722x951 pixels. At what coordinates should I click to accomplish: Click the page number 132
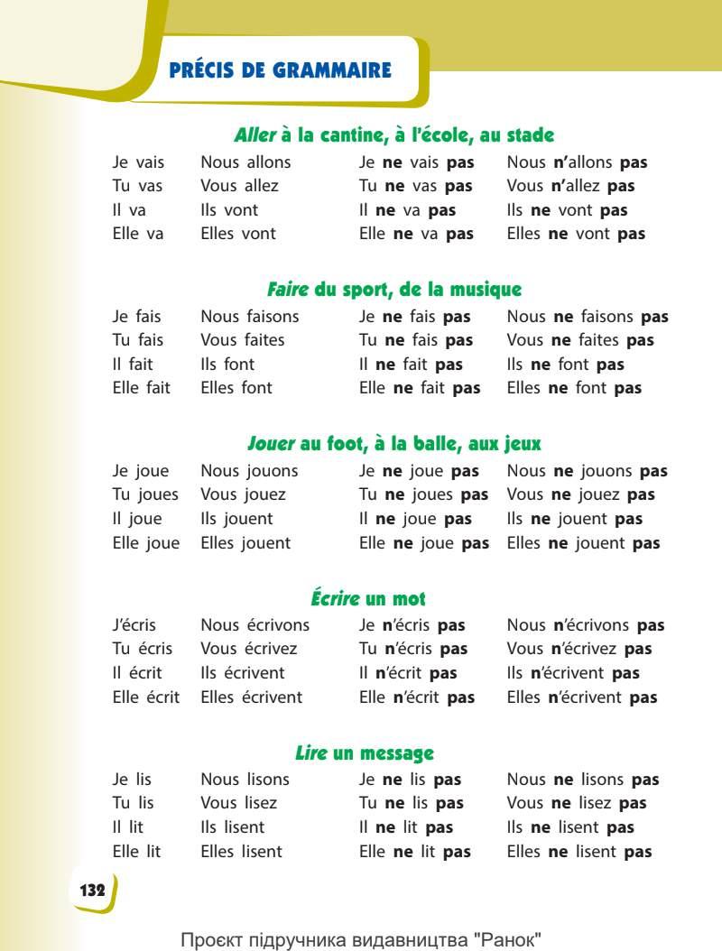(x=92, y=890)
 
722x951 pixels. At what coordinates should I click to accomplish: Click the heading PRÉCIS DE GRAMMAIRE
(x=280, y=70)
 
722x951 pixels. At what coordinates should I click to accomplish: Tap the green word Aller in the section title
(x=254, y=135)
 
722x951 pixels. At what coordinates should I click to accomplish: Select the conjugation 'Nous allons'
(x=245, y=163)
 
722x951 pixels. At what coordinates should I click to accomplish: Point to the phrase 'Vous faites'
(x=242, y=341)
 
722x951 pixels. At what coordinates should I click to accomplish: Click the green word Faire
(x=288, y=290)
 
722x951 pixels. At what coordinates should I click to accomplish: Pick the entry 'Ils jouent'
(x=236, y=519)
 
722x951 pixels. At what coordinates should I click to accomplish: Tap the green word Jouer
(x=271, y=444)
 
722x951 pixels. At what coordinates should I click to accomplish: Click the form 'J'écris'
(x=134, y=625)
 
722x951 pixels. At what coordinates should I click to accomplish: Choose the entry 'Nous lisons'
(x=245, y=780)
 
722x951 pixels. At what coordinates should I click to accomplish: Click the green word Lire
(x=310, y=752)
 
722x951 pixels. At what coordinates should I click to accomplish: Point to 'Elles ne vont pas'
(x=576, y=234)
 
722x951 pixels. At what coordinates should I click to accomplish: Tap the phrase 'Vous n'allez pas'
(x=570, y=187)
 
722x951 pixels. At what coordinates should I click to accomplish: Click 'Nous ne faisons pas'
(x=588, y=317)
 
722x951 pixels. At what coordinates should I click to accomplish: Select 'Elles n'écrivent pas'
(x=582, y=697)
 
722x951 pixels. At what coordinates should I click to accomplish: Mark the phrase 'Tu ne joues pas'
(x=423, y=494)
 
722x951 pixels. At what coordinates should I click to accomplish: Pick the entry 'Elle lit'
(x=136, y=851)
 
